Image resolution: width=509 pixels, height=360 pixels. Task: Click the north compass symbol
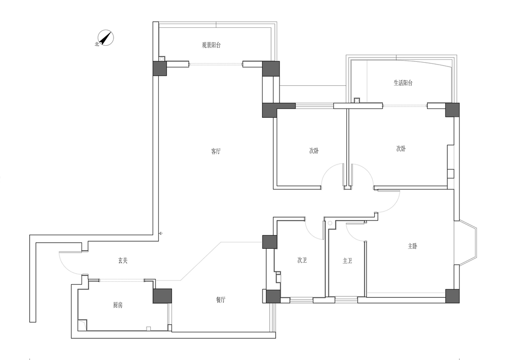click(106, 38)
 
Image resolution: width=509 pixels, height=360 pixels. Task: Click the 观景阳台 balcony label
click(211, 45)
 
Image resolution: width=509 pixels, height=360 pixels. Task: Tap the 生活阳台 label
click(403, 83)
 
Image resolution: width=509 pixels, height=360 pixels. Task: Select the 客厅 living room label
click(216, 151)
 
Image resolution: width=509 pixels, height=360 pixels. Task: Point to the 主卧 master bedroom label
click(412, 246)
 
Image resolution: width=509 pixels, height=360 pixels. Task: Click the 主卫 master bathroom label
click(347, 261)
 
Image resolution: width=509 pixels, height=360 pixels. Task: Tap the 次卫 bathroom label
click(302, 261)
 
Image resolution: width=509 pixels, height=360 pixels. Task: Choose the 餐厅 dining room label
click(221, 300)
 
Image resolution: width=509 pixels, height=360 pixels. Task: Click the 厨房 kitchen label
click(118, 305)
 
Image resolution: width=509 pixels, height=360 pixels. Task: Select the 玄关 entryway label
click(123, 261)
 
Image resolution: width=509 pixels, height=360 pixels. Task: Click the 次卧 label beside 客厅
click(314, 151)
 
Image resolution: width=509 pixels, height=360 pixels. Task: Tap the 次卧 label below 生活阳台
click(401, 149)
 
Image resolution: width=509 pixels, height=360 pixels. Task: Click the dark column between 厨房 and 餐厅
click(162, 296)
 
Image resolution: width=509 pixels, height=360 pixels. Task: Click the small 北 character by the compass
click(97, 44)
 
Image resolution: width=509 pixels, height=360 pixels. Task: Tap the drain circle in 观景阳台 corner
click(162, 59)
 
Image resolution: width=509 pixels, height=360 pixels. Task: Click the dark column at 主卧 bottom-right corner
click(452, 296)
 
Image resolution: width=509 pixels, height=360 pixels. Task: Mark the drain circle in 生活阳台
click(357, 100)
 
